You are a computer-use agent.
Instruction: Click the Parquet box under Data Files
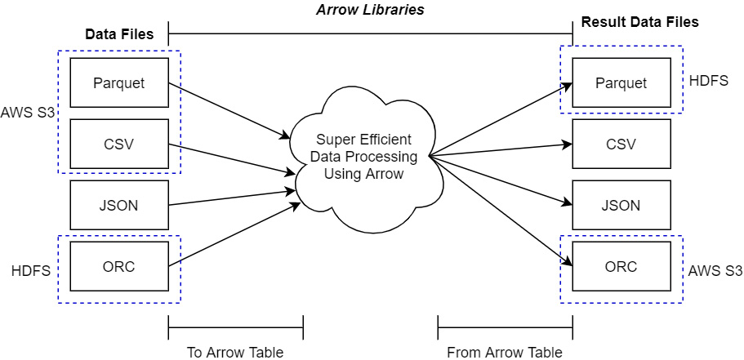pyautogui.click(x=119, y=82)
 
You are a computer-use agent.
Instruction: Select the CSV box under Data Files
pyautogui.click(x=119, y=144)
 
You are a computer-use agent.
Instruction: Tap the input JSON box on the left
pyautogui.click(x=119, y=205)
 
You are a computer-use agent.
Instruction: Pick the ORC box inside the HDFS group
pyautogui.click(x=119, y=267)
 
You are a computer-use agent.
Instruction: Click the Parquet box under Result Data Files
pyautogui.click(x=621, y=82)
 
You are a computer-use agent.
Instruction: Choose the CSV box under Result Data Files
pyautogui.click(x=621, y=144)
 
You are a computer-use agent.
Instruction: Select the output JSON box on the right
pyautogui.click(x=621, y=205)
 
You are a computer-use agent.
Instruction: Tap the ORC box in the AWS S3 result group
pyautogui.click(x=621, y=267)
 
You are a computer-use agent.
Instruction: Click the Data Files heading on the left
pyautogui.click(x=119, y=35)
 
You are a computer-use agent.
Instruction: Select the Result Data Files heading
pyautogui.click(x=639, y=22)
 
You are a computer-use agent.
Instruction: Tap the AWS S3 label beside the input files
pyautogui.click(x=28, y=112)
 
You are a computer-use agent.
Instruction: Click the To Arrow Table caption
pyautogui.click(x=235, y=352)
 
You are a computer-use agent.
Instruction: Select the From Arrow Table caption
pyautogui.click(x=505, y=352)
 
